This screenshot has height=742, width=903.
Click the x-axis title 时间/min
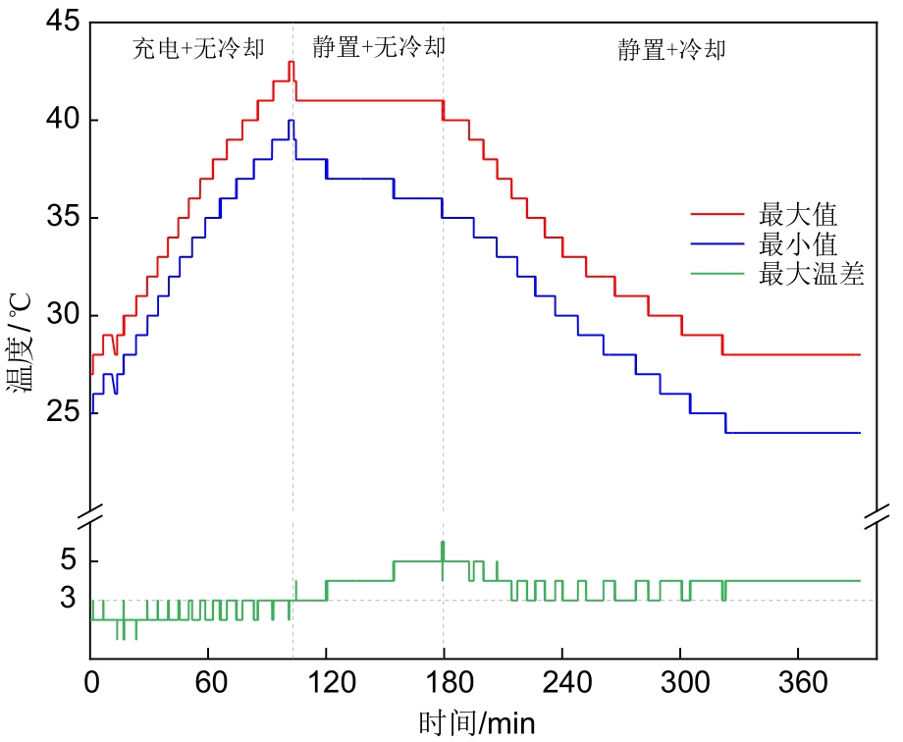(477, 724)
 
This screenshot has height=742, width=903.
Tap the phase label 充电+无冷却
(198, 49)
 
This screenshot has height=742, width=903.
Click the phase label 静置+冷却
(671, 49)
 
